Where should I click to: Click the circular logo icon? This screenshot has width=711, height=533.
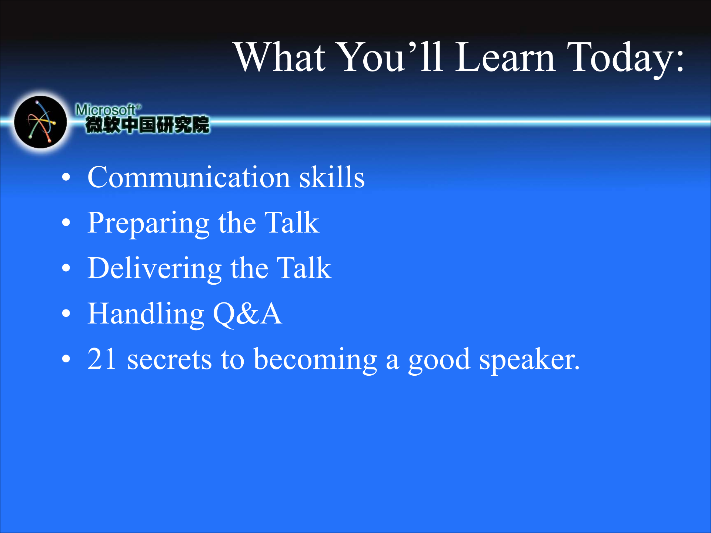[40, 122]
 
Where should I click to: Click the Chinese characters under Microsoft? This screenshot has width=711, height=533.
[147, 125]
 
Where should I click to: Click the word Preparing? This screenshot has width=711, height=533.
[148, 224]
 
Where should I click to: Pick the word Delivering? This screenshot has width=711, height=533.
[154, 269]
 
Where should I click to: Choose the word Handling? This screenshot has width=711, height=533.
[146, 315]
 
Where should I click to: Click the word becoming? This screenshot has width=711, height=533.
[316, 361]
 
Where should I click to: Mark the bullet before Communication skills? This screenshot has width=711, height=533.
[66, 178]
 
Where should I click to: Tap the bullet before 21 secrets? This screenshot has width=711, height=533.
[66, 359]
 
